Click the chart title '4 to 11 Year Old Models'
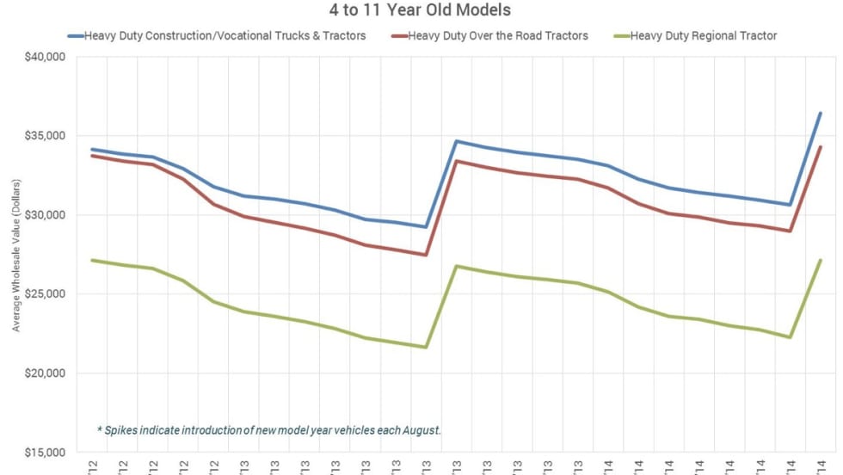[x=421, y=10]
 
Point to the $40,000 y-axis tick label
[x=46, y=57]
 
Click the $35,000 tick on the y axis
[x=46, y=136]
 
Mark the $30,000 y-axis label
[x=46, y=215]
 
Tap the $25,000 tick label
[x=46, y=294]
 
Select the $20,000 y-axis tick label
[x=46, y=373]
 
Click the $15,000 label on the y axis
[x=46, y=453]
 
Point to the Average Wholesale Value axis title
[x=15, y=255]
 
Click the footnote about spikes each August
[x=268, y=429]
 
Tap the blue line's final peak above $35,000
[x=820, y=113]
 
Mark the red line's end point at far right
[x=820, y=147]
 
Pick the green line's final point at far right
[x=820, y=260]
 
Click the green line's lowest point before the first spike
[x=425, y=347]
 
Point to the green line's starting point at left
[x=92, y=260]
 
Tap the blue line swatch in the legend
[x=76, y=35]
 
